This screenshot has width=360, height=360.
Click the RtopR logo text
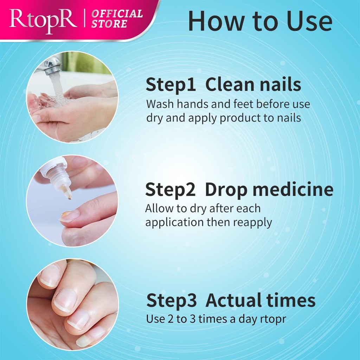coord(43,21)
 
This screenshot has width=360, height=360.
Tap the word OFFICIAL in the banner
coord(117,14)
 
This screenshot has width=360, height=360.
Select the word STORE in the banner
coord(109,24)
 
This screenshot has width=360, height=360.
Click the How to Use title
coord(260,21)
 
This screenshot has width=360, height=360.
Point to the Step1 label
coord(171,84)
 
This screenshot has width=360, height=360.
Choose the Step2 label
coord(170,189)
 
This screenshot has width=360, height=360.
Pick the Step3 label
coord(171,300)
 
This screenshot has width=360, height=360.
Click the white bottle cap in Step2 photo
coord(53,166)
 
